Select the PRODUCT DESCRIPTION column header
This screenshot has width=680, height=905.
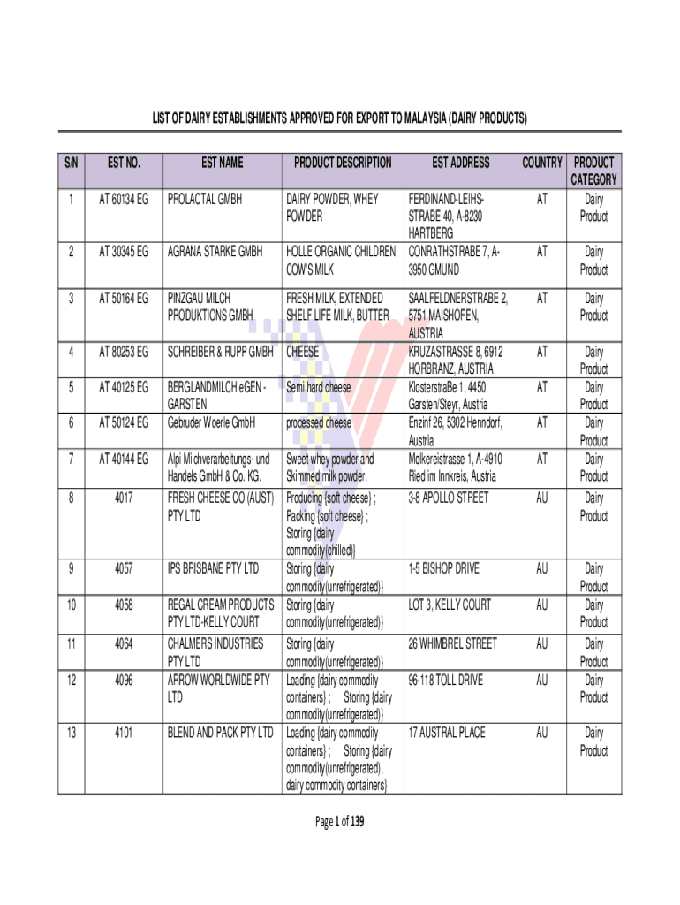pos(343,163)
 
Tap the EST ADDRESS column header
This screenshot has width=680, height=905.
pos(460,163)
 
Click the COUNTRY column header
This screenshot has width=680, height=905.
pos(542,163)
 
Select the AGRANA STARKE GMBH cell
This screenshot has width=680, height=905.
pos(215,252)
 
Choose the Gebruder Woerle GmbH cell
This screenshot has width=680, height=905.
pos(211,423)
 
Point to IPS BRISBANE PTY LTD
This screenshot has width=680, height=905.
pos(213,567)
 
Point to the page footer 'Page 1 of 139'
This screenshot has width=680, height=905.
pos(339,823)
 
